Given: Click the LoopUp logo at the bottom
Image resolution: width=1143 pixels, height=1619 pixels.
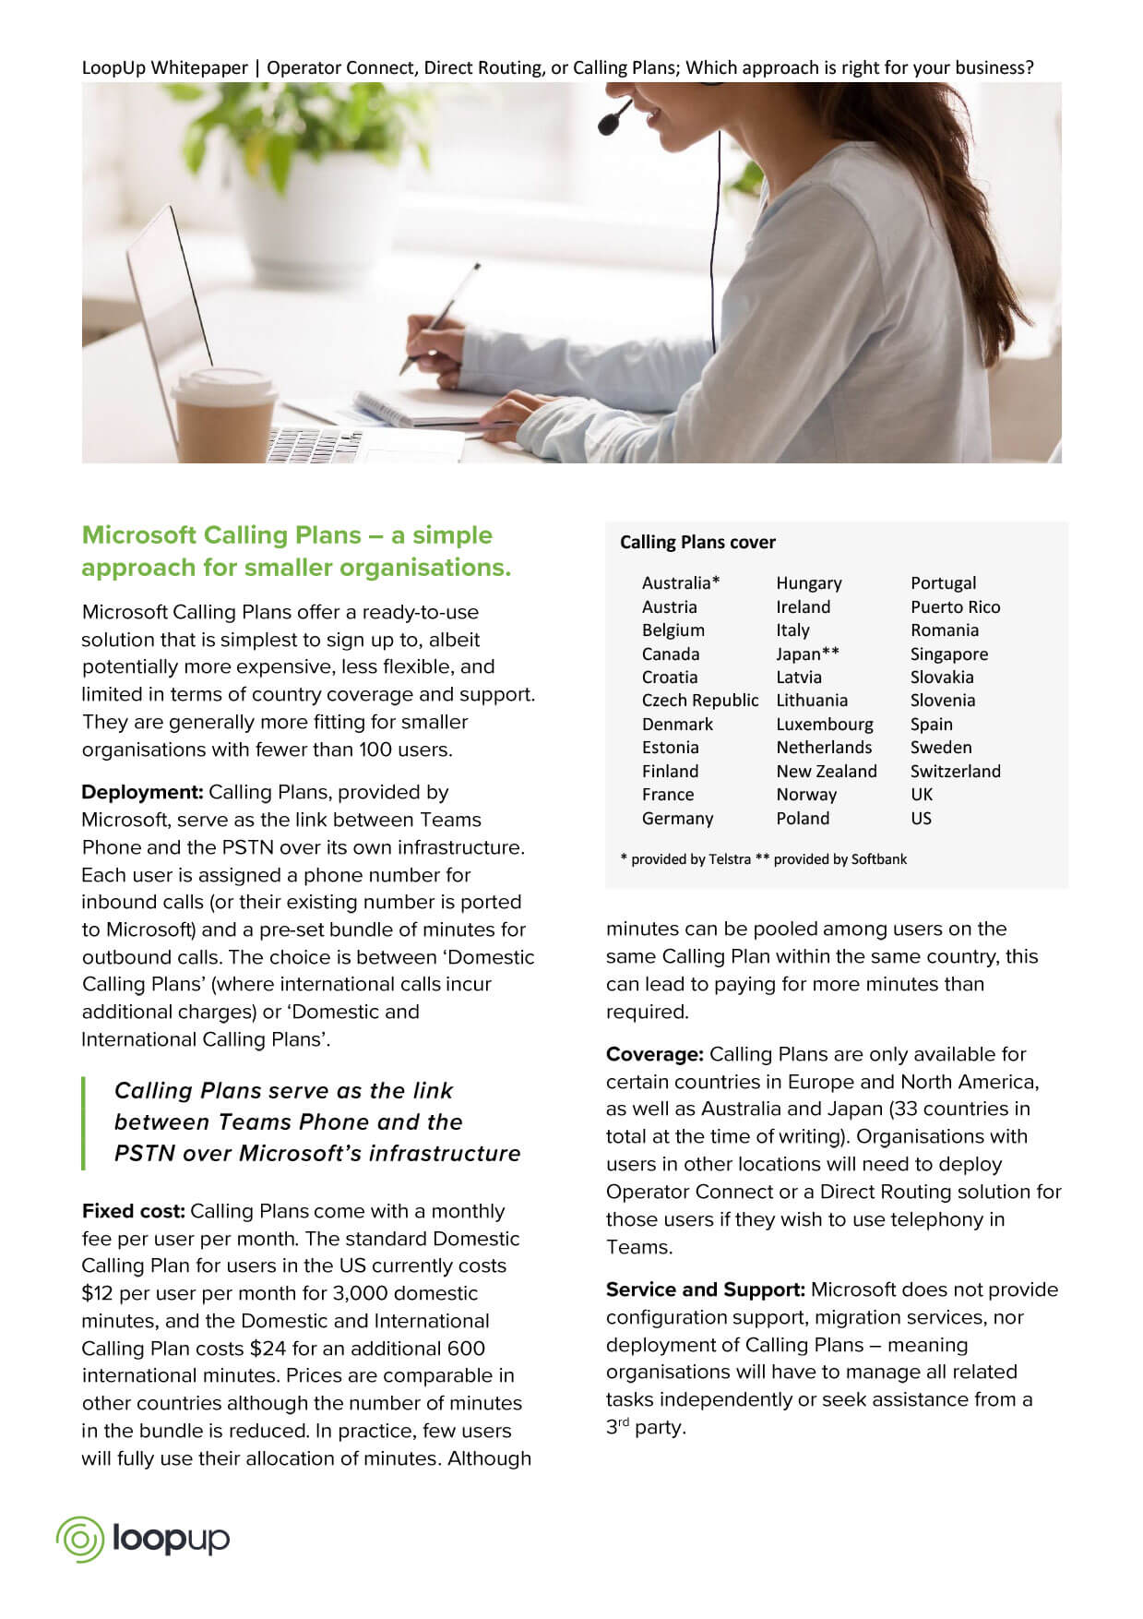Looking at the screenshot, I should click(x=143, y=1539).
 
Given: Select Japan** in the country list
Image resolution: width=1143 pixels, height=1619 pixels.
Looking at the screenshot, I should click(x=807, y=654).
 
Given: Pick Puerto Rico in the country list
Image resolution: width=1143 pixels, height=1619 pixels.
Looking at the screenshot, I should click(x=955, y=606).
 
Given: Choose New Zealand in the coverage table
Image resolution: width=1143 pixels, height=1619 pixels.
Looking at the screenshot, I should click(x=826, y=771).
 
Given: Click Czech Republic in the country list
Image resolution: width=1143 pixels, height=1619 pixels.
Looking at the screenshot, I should click(x=700, y=701).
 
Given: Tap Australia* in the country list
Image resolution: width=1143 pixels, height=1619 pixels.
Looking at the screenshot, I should click(x=681, y=582).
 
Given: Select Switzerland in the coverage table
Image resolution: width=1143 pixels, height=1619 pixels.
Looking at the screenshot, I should click(x=955, y=771).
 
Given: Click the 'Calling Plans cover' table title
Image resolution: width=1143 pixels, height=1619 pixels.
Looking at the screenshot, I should click(x=697, y=542).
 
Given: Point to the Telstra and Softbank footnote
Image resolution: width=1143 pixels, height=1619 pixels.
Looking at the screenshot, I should click(x=763, y=859).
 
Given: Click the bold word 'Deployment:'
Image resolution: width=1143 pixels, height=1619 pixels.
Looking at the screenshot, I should click(x=142, y=792).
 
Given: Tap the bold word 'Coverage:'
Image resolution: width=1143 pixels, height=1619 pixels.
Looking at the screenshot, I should click(x=655, y=1054).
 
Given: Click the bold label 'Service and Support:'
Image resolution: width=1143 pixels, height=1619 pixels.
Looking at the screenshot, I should click(x=706, y=1289).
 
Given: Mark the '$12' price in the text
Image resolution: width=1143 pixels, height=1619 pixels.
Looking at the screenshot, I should click(x=97, y=1293).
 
